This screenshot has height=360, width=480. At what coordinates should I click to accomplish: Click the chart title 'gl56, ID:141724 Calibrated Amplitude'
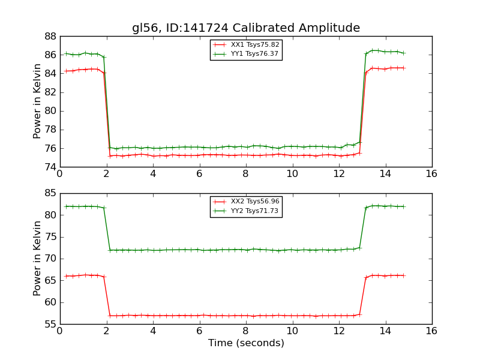tap(246, 28)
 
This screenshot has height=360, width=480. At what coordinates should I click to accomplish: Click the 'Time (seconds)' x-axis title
tap(246, 343)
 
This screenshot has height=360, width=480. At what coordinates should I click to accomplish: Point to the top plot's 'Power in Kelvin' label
tap(37, 101)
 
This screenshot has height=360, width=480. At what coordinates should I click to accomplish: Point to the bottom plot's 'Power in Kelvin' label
tap(37, 259)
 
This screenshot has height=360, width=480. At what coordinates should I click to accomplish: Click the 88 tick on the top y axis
tap(50, 36)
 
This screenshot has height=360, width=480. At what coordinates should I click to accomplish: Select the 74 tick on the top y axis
tap(50, 167)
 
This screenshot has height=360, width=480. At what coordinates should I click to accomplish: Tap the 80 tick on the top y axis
tap(50, 111)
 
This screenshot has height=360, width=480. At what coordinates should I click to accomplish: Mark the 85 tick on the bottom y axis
tap(50, 193)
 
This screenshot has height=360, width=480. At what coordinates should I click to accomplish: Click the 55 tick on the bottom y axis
tap(50, 324)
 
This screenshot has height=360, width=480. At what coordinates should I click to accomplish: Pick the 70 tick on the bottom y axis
tap(50, 259)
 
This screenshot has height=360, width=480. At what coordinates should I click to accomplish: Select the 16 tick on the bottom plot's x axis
tap(431, 331)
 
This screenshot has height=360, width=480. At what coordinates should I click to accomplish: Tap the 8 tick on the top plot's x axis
tap(245, 173)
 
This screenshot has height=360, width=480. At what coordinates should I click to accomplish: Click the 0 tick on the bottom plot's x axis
tap(59, 331)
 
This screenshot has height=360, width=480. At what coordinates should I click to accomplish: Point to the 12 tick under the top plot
tap(338, 173)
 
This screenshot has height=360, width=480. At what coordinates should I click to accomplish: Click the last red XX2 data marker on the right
tap(404, 275)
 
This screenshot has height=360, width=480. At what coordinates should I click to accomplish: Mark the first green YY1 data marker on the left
tap(66, 53)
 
